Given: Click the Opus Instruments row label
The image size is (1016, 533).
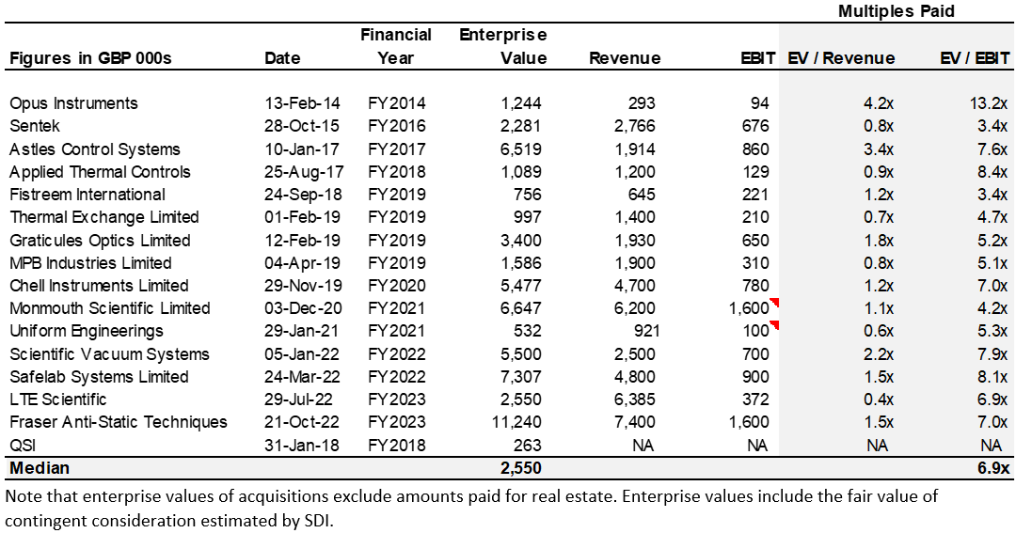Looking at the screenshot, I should tap(73, 103).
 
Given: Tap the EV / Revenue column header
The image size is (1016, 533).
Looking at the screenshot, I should tap(841, 58).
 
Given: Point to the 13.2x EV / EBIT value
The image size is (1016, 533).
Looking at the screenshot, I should tap(988, 103).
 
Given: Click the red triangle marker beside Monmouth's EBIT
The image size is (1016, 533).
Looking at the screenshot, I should tap(774, 303).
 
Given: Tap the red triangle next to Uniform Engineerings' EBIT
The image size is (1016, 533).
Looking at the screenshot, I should tap(774, 325).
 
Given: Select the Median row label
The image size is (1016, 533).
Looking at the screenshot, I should tap(40, 467).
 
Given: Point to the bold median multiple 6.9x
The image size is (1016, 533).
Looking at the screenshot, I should tap(992, 467).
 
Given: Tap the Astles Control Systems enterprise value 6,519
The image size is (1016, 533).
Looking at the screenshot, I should tap(524, 149).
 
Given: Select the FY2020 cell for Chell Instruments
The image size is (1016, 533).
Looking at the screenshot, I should tap(397, 286).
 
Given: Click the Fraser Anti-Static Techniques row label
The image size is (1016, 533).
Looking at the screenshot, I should tap(119, 422).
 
